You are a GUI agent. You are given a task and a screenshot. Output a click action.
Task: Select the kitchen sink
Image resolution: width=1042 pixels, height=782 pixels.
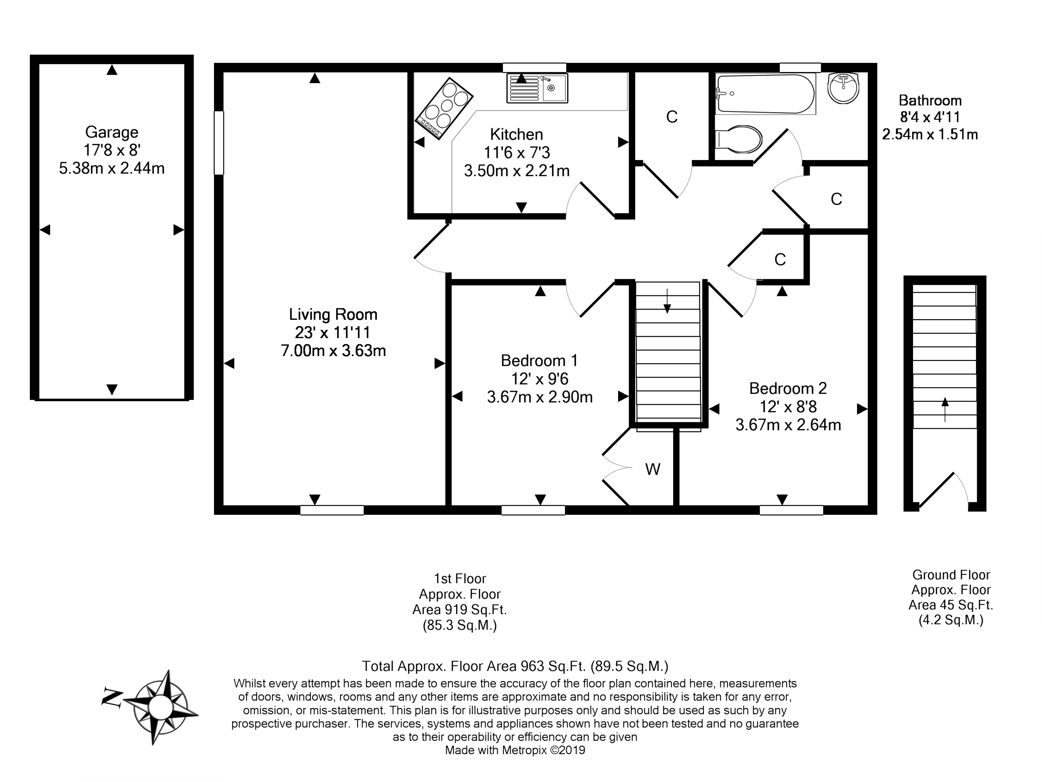(537, 88)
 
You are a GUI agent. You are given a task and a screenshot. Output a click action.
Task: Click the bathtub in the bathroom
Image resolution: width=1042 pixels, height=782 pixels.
(765, 94)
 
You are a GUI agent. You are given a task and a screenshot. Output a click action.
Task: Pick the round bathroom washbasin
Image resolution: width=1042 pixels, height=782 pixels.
(843, 88)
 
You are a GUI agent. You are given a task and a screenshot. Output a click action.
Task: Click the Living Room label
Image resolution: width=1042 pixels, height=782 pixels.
(333, 315)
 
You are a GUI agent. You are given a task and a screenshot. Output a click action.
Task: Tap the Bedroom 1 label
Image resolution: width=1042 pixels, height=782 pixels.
(539, 361)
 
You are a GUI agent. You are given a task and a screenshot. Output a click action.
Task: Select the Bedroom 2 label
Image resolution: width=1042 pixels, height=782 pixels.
(788, 389)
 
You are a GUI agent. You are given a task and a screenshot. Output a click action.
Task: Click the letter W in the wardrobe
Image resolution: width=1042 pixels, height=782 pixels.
(652, 469)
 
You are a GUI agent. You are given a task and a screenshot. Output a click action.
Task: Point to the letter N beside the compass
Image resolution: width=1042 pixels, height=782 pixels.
(112, 697)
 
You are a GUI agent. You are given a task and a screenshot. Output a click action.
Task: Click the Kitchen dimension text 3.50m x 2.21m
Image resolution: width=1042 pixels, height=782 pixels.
(517, 171)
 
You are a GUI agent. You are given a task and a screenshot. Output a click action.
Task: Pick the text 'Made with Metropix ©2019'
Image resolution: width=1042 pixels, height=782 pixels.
(515, 750)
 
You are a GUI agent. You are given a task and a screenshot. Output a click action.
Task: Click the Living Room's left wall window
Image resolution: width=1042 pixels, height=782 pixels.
(218, 143)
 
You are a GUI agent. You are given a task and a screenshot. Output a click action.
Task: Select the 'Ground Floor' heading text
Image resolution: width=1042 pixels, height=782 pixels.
(951, 575)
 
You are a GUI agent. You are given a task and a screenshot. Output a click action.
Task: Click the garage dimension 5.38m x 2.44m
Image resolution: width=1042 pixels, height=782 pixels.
(112, 168)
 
